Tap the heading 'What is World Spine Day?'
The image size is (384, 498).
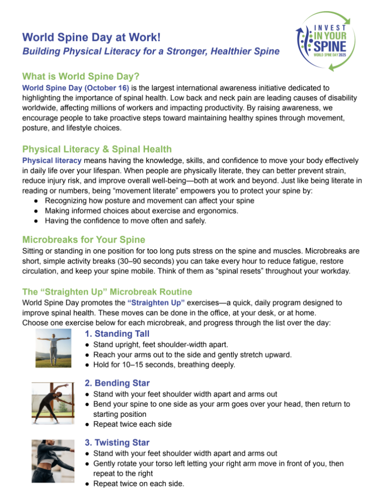pyautogui.click(x=81, y=76)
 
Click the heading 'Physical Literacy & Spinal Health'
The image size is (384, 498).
pyautogui.click(x=97, y=149)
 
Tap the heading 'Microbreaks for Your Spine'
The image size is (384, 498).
pyautogui.click(x=84, y=239)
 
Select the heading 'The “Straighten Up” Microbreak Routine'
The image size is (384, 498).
pyautogui.click(x=107, y=292)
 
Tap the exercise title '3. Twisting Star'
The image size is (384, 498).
pyautogui.click(x=117, y=442)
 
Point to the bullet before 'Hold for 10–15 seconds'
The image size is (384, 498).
pyautogui.click(x=87, y=365)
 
